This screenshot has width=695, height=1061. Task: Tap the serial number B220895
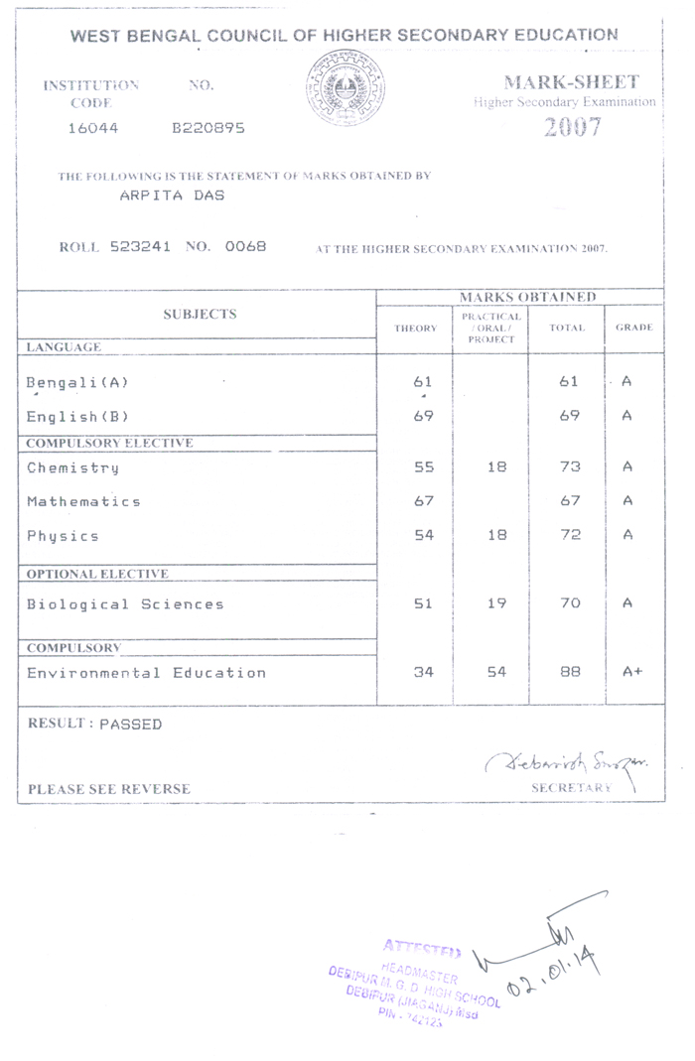tap(208, 128)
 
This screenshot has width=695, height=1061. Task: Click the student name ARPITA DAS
tap(172, 195)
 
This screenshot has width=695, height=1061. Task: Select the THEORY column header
tap(415, 328)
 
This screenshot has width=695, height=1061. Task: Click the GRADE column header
tap(633, 328)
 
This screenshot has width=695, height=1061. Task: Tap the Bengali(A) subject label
tap(77, 381)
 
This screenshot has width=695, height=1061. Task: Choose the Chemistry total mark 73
tap(570, 466)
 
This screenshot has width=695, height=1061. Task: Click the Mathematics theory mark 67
tap(424, 501)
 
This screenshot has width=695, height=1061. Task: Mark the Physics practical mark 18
tap(496, 535)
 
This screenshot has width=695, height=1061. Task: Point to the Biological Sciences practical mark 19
tap(496, 603)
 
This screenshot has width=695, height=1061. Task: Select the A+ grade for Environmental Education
tap(632, 672)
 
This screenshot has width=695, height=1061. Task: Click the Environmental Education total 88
tap(570, 672)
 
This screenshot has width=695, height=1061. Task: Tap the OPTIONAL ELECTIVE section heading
tap(97, 574)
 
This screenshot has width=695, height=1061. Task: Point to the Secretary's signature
tap(569, 761)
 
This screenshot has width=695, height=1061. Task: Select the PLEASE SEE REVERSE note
tap(109, 789)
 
